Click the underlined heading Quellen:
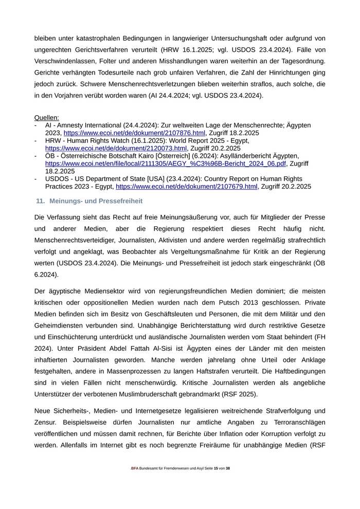(x=47, y=118)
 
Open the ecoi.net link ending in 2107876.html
(x=134, y=133)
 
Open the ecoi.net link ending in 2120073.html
(x=116, y=148)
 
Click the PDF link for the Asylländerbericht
(x=165, y=163)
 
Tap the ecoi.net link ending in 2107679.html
(x=186, y=186)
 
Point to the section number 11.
(x=40, y=201)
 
